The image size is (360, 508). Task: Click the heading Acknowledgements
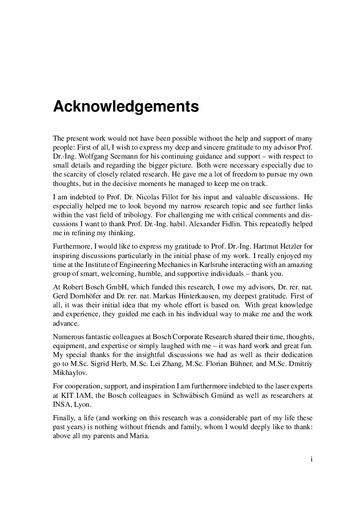coord(126,107)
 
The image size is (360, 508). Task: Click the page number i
coord(311,459)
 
